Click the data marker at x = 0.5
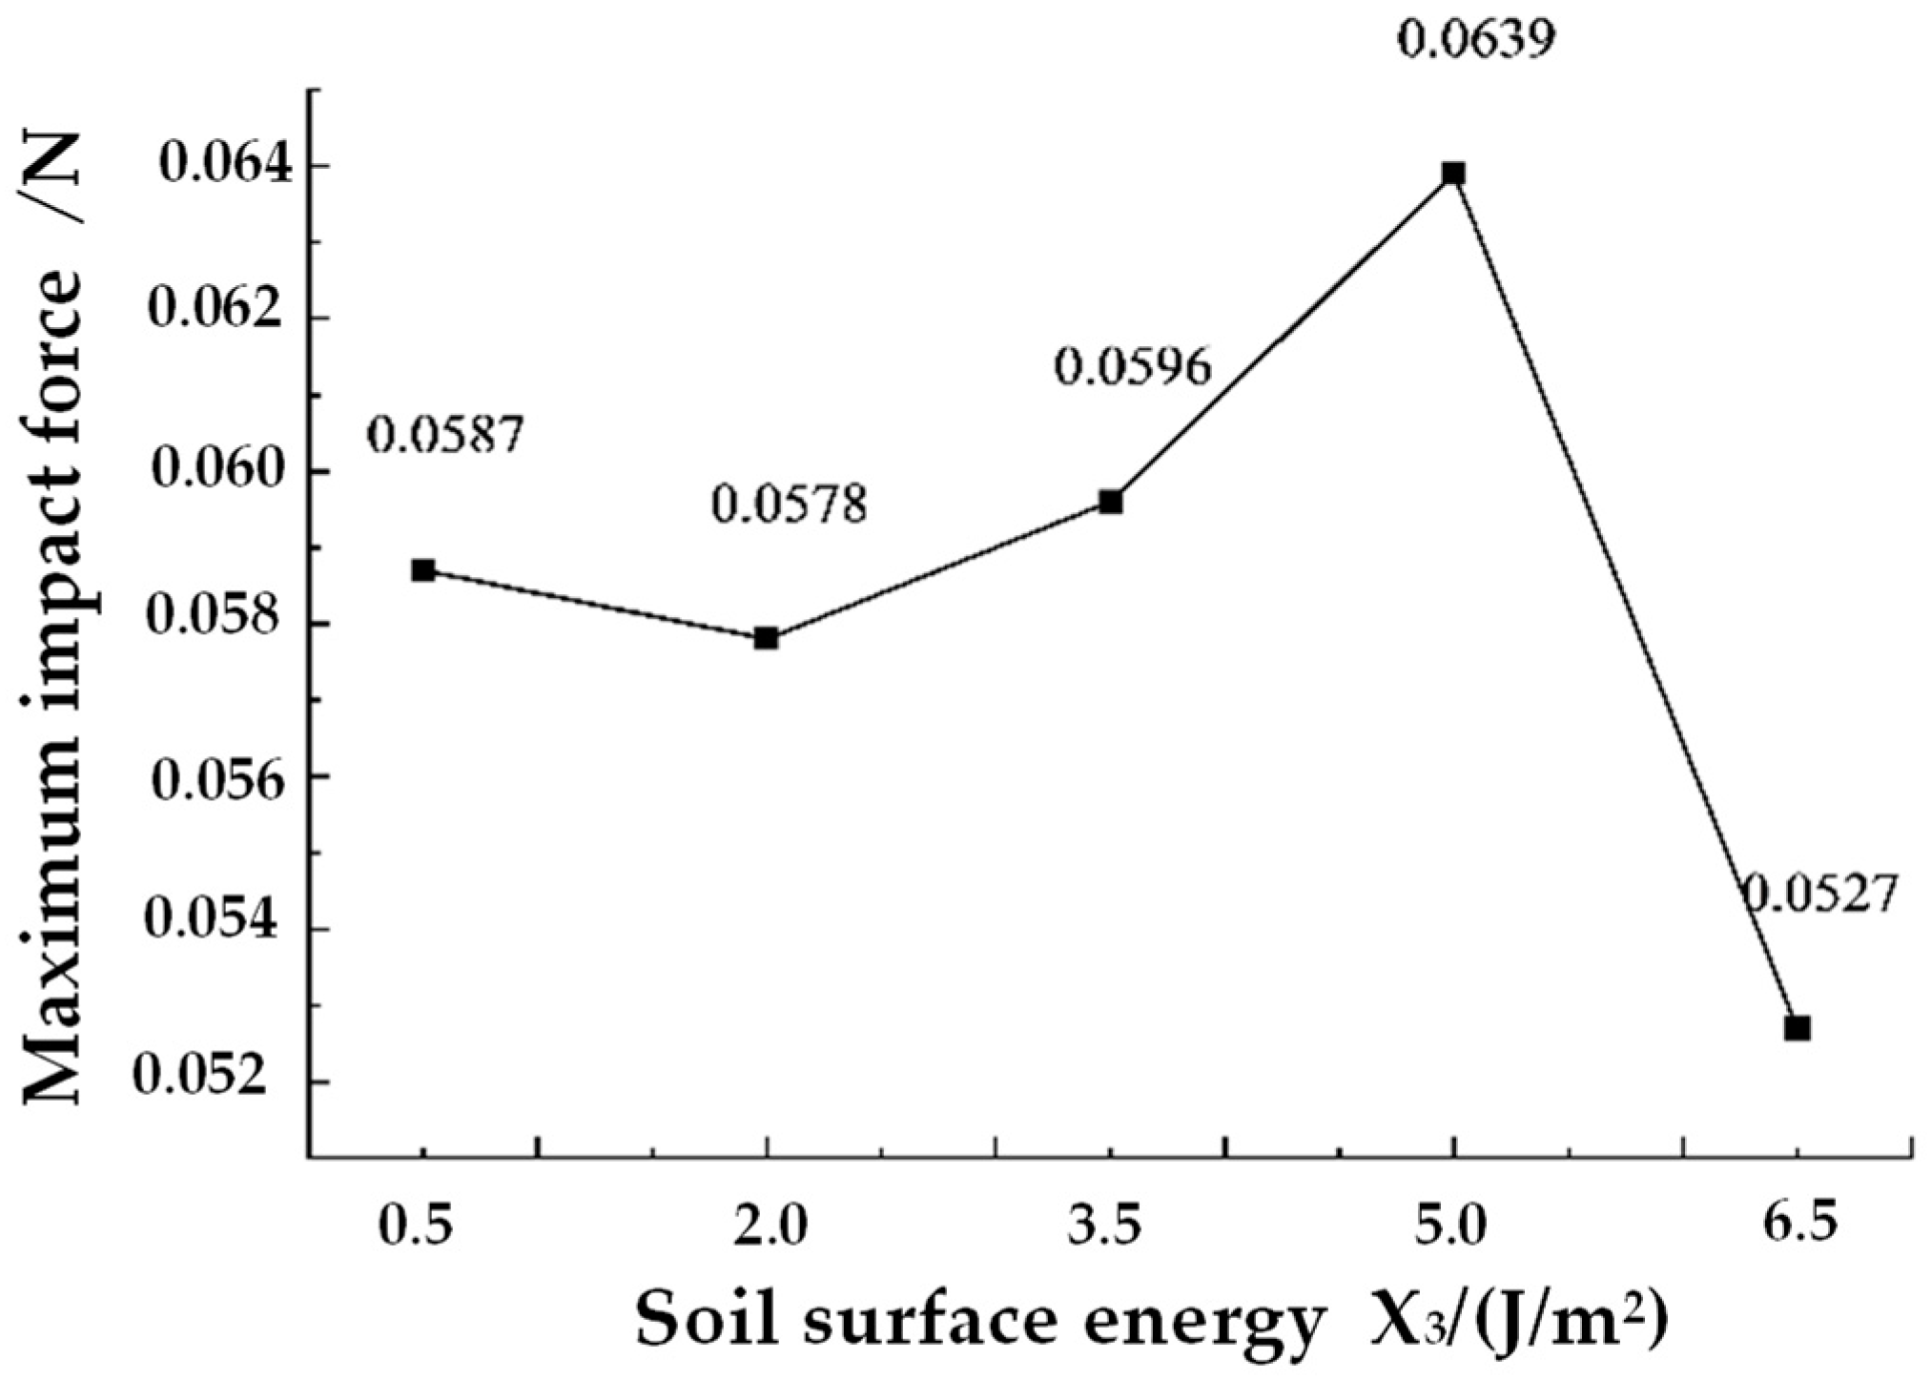423,570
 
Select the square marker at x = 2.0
766,638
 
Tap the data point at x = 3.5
1110,502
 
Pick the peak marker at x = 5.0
1453,174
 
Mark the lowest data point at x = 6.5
1797,1028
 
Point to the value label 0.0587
445,436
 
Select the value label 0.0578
789,505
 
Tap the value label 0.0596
1132,367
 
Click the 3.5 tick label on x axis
1109,1228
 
